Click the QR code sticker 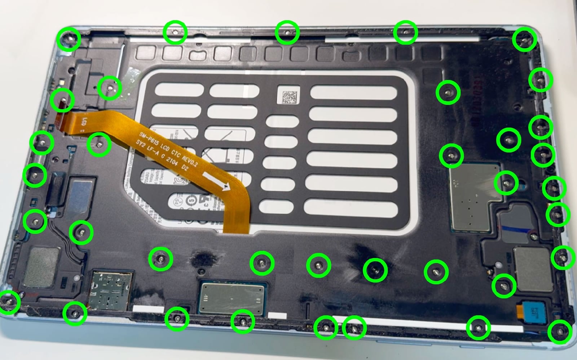pos(288,95)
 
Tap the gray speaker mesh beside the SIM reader pos(43,267)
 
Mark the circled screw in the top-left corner pos(69,39)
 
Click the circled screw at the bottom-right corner pos(559,332)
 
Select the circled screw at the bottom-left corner pos(8,302)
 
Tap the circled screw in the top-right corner pos(524,40)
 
